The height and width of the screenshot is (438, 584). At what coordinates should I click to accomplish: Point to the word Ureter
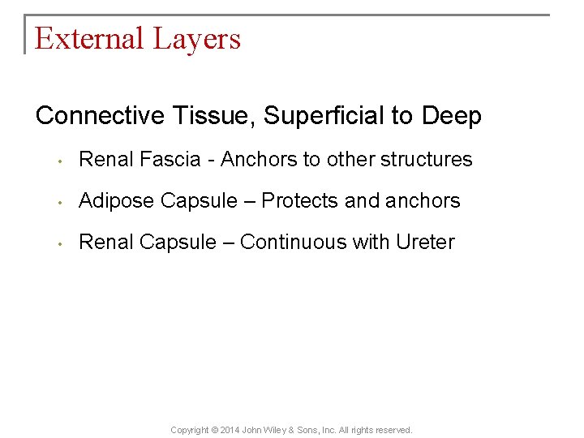[425, 242]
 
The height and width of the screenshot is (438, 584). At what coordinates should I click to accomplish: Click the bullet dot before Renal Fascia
[60, 161]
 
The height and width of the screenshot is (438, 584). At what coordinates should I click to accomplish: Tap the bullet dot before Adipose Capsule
[60, 202]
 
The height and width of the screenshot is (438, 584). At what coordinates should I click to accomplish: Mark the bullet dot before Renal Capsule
[60, 243]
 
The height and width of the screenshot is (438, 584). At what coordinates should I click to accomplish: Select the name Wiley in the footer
[286, 430]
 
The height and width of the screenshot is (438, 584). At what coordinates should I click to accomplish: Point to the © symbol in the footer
[215, 430]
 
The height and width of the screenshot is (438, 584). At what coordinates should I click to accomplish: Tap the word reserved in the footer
[393, 430]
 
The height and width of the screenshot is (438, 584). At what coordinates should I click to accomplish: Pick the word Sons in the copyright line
[321, 430]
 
